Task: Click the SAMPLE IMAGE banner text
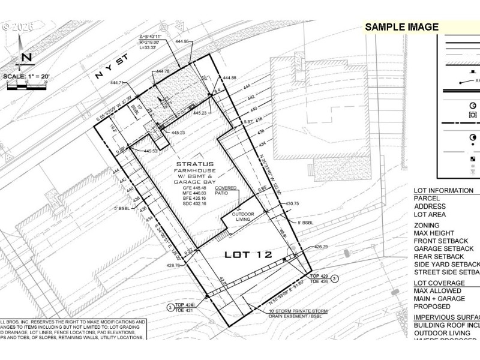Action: click(402, 27)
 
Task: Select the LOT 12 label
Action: click(248, 254)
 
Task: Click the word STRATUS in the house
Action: click(196, 163)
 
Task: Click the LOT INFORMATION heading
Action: click(443, 191)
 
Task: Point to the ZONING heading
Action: click(428, 226)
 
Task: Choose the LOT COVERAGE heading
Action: click(439, 283)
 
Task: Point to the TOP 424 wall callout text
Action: click(184, 305)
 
